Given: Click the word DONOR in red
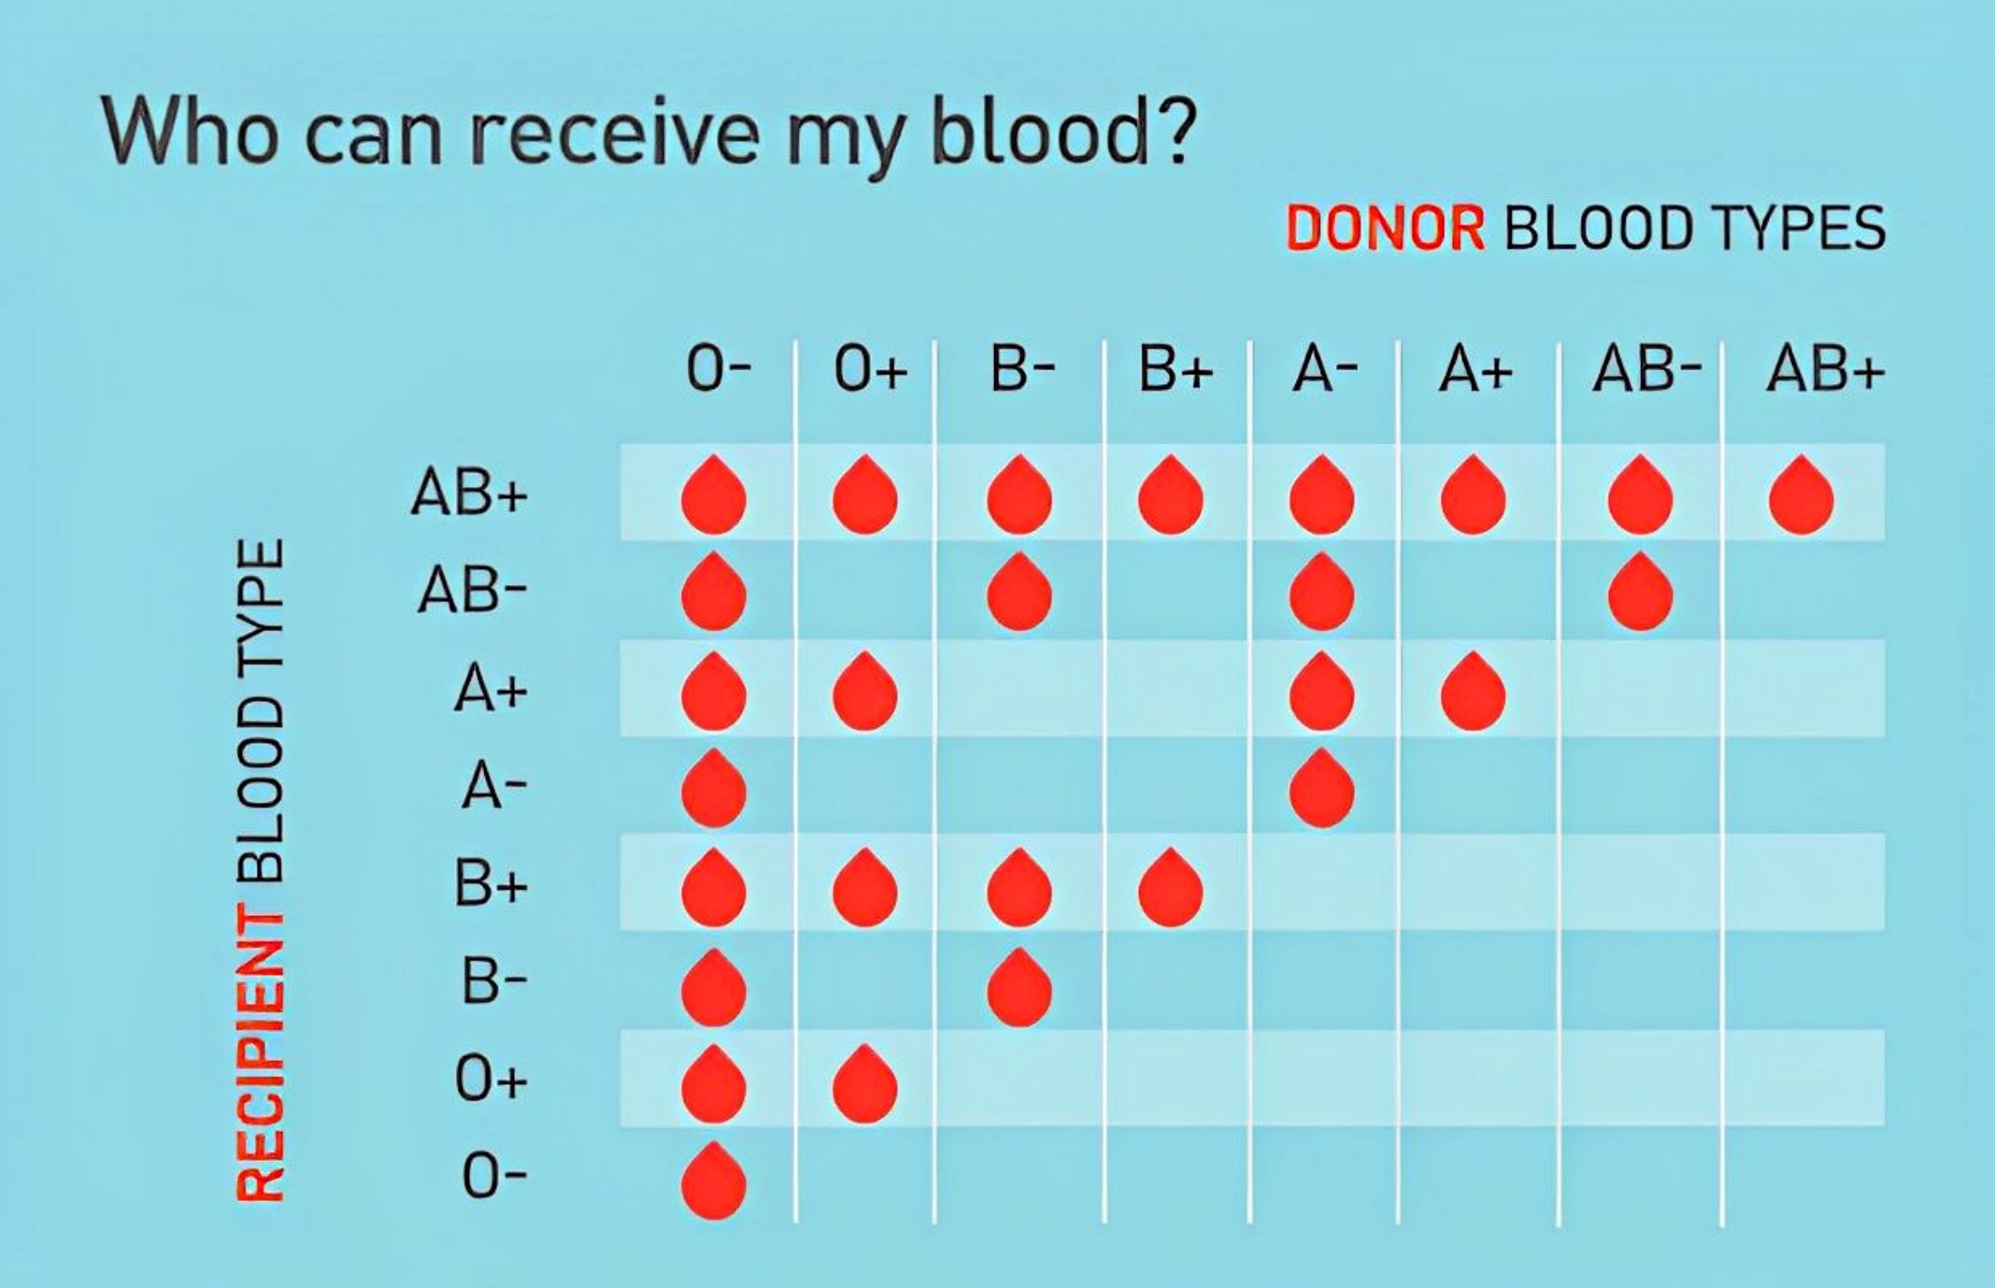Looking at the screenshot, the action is click(x=1385, y=229).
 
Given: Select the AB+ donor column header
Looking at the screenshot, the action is click(x=1824, y=371).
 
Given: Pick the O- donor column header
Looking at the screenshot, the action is click(x=719, y=371).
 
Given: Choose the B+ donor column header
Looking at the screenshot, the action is click(x=1176, y=371).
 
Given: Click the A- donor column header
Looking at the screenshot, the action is click(x=1325, y=371).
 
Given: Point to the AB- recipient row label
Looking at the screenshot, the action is click(x=471, y=591).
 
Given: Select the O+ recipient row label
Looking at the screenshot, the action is click(x=491, y=1080).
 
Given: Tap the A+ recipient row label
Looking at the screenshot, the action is click(x=491, y=689).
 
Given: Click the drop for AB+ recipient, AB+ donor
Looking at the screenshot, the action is click(x=1801, y=495).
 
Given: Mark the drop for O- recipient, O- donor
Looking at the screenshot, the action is click(x=714, y=1181).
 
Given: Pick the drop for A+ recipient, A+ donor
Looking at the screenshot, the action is click(x=1472, y=691).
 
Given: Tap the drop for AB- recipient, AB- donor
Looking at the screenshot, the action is click(x=1639, y=592).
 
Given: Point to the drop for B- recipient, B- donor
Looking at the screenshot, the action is click(x=1019, y=987).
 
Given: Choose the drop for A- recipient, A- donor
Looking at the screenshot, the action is click(x=1321, y=788).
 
